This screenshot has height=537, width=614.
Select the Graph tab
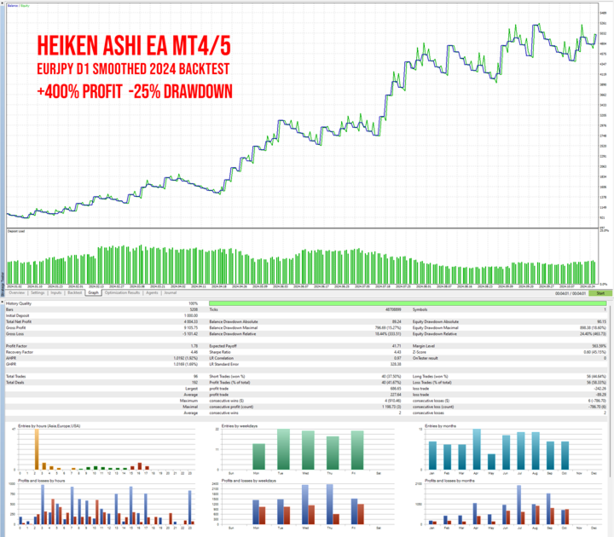click(94, 292)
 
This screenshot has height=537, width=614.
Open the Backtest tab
click(75, 292)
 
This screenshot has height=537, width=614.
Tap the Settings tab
click(38, 292)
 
